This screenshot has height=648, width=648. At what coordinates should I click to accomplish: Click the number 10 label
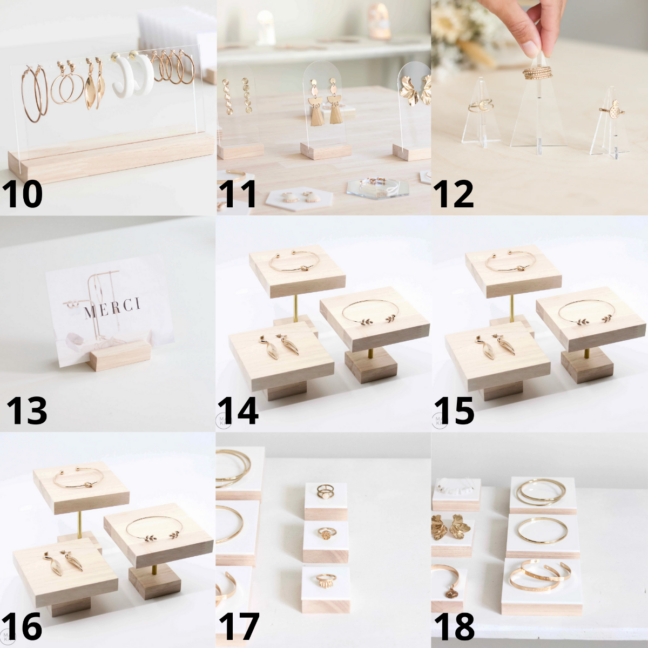coord(22,195)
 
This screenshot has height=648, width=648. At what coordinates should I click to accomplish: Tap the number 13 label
coord(27,411)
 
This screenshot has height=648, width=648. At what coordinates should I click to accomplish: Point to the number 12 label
coord(453,195)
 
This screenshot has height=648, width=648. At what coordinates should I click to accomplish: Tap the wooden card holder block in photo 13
coord(119,355)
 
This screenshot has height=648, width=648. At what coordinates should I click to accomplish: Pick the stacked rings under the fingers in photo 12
coord(537,73)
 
